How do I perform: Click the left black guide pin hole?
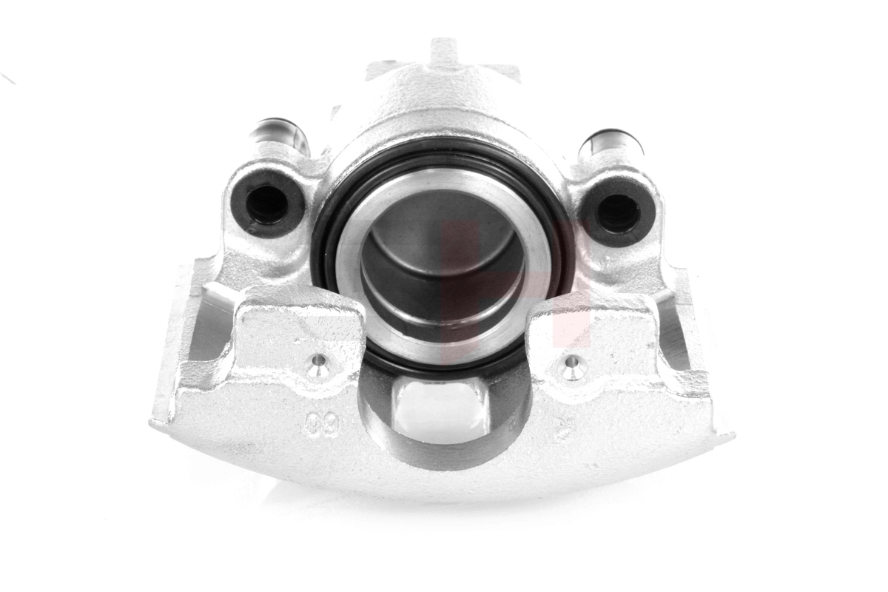266,201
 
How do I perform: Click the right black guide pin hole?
617,212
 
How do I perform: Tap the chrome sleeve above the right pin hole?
611,144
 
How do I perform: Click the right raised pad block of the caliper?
592,333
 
